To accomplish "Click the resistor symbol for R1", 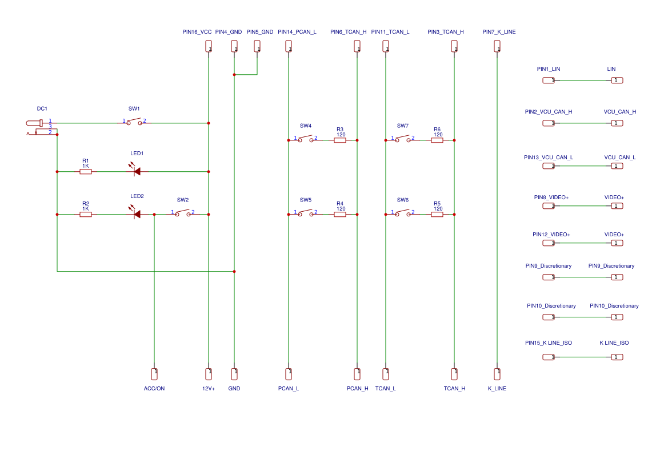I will pyautogui.click(x=86, y=171).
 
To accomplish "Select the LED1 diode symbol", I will pyautogui.click(x=136, y=171).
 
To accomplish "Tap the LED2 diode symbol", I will pyautogui.click(x=137, y=214).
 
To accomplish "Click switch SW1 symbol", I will pyautogui.click(x=134, y=122).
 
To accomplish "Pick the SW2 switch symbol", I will pyautogui.click(x=183, y=213).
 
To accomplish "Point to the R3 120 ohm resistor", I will pyautogui.click(x=340, y=140).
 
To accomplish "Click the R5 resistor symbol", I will pyautogui.click(x=437, y=214).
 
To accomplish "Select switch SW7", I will pyautogui.click(x=403, y=139).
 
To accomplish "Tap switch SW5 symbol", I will pyautogui.click(x=306, y=213).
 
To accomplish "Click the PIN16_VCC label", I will pyautogui.click(x=197, y=32).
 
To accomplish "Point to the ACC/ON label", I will pyautogui.click(x=154, y=389).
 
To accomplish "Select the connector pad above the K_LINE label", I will pyautogui.click(x=497, y=374).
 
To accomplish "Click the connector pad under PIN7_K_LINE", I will pyautogui.click(x=497, y=46).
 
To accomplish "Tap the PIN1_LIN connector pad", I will pyautogui.click(x=549, y=80).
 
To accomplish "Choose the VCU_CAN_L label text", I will pyautogui.click(x=620, y=158).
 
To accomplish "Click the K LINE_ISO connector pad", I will pyautogui.click(x=617, y=357).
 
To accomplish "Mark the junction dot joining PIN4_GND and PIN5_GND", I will pyautogui.click(x=234, y=75).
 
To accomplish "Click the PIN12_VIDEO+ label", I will pyautogui.click(x=551, y=235).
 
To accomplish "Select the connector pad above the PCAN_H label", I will pyautogui.click(x=357, y=374).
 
